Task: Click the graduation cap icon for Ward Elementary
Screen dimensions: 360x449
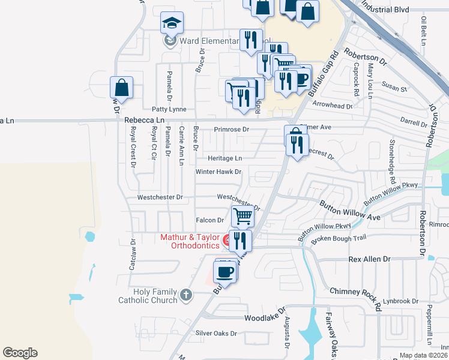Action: pos(172,23)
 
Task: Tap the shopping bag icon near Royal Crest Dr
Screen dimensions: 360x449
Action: pos(121,87)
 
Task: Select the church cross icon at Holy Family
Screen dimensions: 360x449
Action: pos(186,295)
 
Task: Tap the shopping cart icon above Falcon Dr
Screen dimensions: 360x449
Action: pos(243,215)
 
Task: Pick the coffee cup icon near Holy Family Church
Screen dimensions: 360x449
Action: pos(225,271)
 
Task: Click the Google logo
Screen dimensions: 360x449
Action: pos(20,353)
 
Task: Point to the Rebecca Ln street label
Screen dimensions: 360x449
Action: pos(140,121)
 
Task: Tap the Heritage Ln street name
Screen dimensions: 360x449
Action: pos(224,158)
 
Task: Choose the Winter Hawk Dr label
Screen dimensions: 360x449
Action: pos(218,172)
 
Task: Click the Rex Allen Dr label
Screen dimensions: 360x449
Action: pos(370,259)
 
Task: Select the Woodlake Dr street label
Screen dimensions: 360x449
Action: pos(264,317)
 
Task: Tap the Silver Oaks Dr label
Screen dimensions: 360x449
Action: pos(216,333)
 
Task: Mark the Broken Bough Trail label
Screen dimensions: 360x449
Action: pos(338,239)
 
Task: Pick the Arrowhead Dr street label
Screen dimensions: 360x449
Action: pos(332,106)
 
